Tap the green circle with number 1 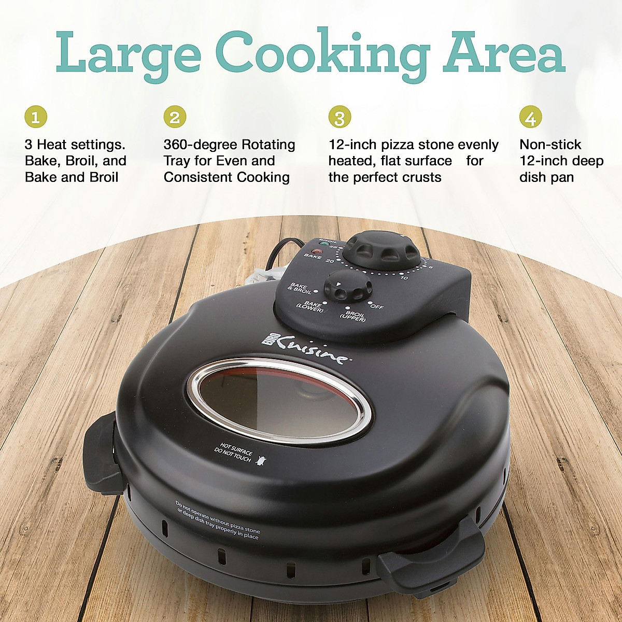(x=36, y=117)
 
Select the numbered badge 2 (x=175, y=117)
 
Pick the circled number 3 (x=340, y=117)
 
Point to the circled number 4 (x=530, y=117)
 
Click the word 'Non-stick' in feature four (x=550, y=145)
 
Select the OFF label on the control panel (x=377, y=306)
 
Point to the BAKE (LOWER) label (x=310, y=306)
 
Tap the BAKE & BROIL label (x=301, y=288)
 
